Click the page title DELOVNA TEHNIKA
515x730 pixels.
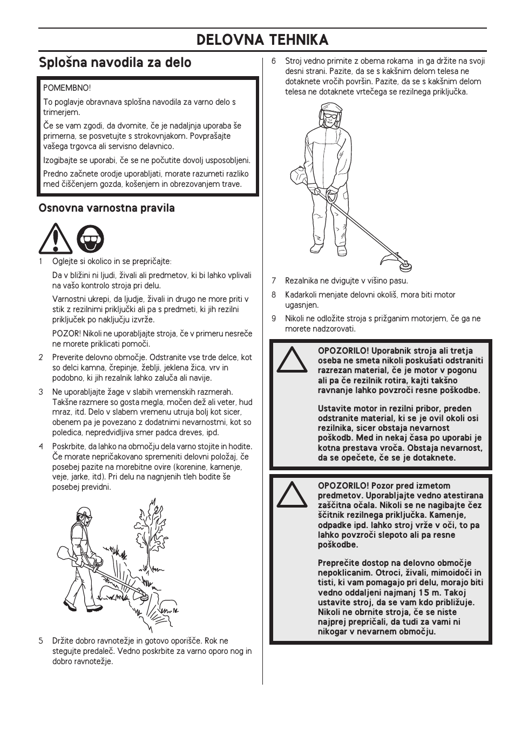pos(262,40)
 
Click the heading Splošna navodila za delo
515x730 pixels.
pos(115,63)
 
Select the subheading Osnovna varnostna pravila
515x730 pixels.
pos(106,208)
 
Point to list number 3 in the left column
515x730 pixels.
pos(41,392)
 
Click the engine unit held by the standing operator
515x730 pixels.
pos(299,176)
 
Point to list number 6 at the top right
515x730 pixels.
pos(274,61)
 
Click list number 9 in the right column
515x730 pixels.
pos(274,319)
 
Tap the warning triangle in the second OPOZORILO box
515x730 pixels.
pos(292,495)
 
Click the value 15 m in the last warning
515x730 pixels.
pos(429,593)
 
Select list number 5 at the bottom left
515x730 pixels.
pos(41,641)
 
